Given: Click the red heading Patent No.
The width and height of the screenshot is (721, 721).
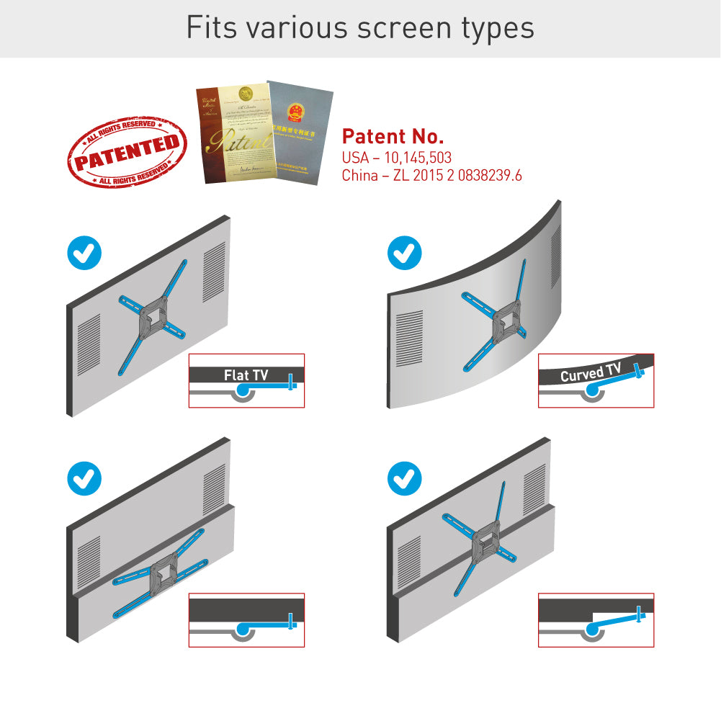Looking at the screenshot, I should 393,137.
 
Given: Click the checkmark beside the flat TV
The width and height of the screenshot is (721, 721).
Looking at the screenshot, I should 84,252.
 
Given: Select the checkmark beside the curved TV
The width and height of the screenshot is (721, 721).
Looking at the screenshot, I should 405,252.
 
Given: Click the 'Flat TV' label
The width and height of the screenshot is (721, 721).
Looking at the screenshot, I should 246,375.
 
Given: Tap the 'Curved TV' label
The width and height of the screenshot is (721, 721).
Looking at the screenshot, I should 590,373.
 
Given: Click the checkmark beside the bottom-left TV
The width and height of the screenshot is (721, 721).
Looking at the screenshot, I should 84,478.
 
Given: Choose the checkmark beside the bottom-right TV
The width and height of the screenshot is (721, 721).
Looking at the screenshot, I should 405,478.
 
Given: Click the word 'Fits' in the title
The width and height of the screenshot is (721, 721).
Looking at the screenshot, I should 210,27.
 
